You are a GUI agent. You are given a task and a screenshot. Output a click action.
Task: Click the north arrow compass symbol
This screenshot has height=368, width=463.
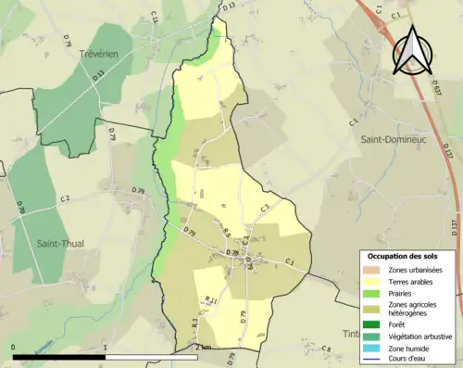click(413, 51)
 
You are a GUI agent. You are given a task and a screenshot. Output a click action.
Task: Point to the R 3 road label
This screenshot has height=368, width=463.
click(195, 324)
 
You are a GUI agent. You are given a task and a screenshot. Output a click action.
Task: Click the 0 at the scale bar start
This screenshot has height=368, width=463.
click(14, 347)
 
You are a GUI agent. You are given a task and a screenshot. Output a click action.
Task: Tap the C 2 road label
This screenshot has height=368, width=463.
click(65, 199)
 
